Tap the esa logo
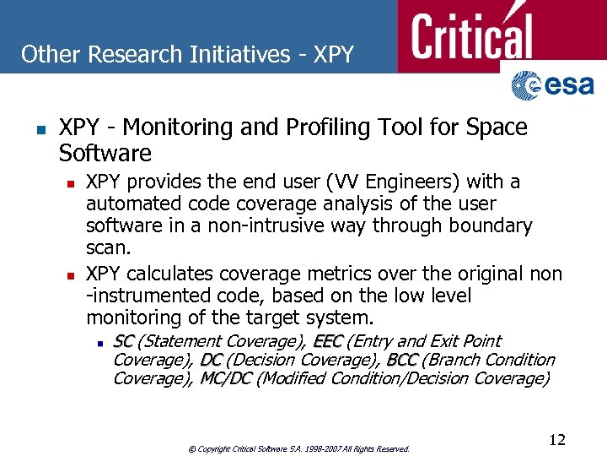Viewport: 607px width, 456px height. click(x=552, y=85)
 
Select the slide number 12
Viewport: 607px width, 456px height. click(x=556, y=440)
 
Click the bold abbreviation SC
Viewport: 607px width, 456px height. click(x=123, y=341)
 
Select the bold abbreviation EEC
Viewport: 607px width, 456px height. click(x=327, y=341)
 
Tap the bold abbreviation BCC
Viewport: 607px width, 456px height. click(x=402, y=360)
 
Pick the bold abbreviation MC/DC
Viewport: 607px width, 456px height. click(x=226, y=378)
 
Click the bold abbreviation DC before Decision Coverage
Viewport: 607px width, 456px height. click(x=211, y=360)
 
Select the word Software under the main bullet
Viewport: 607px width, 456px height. click(x=105, y=154)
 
